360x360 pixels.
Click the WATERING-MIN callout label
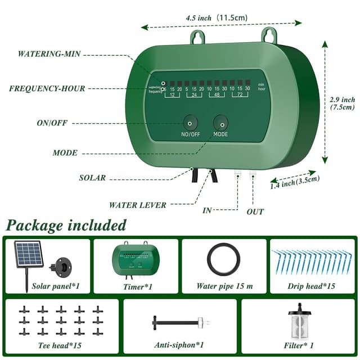pyautogui.click(x=49, y=54)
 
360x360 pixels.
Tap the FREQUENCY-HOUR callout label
pyautogui.click(x=47, y=88)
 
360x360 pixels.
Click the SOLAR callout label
pyautogui.click(x=92, y=178)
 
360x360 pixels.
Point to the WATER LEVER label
pyautogui.click(x=138, y=205)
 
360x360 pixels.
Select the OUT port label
pyautogui.click(x=255, y=212)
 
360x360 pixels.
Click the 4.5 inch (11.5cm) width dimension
pyautogui.click(x=217, y=18)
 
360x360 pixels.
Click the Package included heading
pyautogui.click(x=66, y=226)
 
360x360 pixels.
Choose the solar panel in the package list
pyautogui.click(x=29, y=256)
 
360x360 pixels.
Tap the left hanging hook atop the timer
pyautogui.click(x=197, y=37)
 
